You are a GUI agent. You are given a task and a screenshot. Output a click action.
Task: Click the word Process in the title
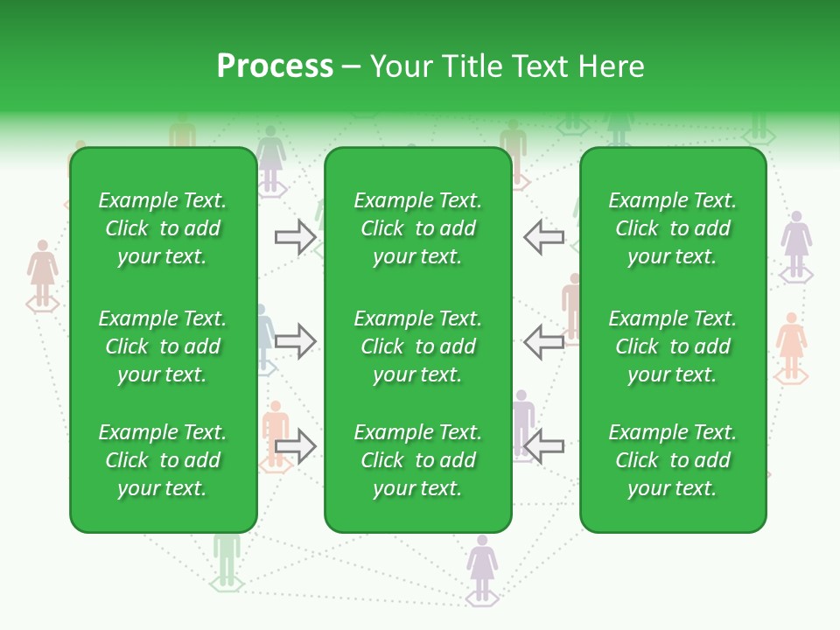click(275, 66)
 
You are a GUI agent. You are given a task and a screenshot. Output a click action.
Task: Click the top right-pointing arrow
click(295, 237)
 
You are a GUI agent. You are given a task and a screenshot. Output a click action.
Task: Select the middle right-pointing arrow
click(295, 341)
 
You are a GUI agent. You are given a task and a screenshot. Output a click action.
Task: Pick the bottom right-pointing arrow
click(295, 446)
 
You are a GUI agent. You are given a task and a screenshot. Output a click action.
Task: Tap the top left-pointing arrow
click(544, 237)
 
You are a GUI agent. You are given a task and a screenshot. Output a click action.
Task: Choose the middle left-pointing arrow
click(544, 341)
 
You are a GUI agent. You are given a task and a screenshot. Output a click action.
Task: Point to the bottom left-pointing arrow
click(544, 446)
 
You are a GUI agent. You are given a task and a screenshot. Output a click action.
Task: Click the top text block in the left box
click(163, 228)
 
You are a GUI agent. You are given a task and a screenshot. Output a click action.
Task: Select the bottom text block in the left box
click(163, 460)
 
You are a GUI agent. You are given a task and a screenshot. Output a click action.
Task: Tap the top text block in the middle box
click(417, 228)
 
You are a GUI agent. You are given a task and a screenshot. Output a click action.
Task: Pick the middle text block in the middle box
click(417, 346)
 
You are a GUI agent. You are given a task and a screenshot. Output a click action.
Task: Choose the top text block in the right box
click(672, 228)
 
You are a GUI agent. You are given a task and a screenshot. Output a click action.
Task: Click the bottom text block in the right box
click(672, 460)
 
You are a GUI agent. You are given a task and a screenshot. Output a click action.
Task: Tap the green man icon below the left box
click(227, 556)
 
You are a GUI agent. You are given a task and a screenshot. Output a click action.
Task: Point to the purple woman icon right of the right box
click(795, 241)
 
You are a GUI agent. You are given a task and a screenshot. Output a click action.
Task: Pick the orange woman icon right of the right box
click(791, 342)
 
